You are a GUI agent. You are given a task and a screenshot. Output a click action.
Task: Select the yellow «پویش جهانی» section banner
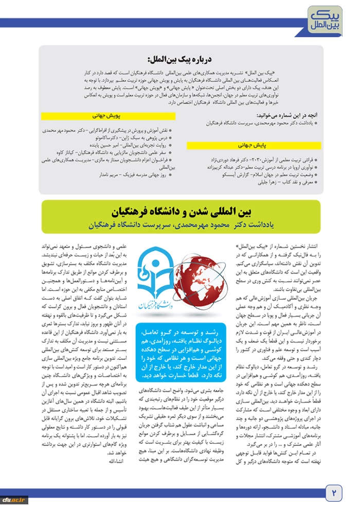coord(106,116)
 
